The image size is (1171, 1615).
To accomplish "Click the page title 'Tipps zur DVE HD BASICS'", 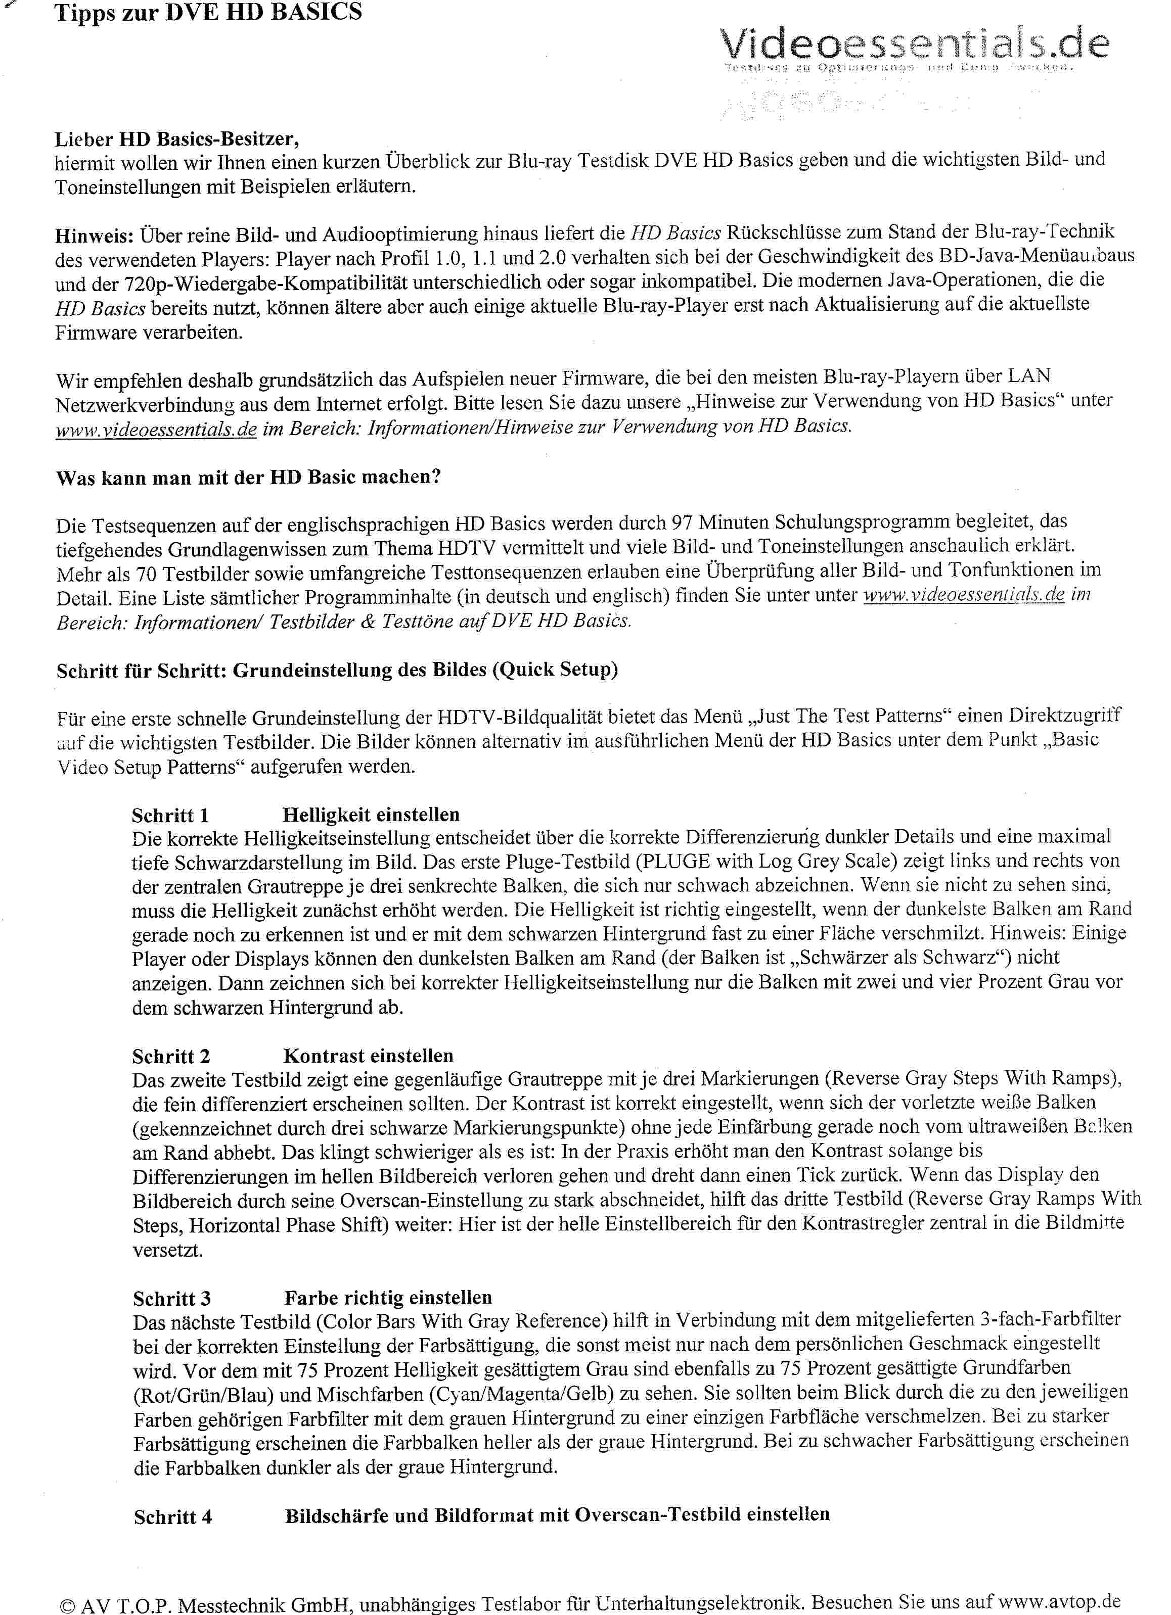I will tap(208, 12).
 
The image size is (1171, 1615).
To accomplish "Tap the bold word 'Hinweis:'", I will tap(94, 235).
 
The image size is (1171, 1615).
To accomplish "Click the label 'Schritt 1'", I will tap(170, 816).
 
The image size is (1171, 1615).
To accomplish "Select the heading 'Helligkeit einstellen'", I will tap(371, 815).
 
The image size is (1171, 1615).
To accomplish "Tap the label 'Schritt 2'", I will tap(171, 1057).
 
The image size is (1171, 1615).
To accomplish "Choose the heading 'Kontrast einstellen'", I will tap(368, 1056).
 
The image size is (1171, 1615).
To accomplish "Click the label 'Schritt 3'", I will tap(172, 1298).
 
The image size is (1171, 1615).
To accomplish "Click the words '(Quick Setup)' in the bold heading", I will tap(554, 670).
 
